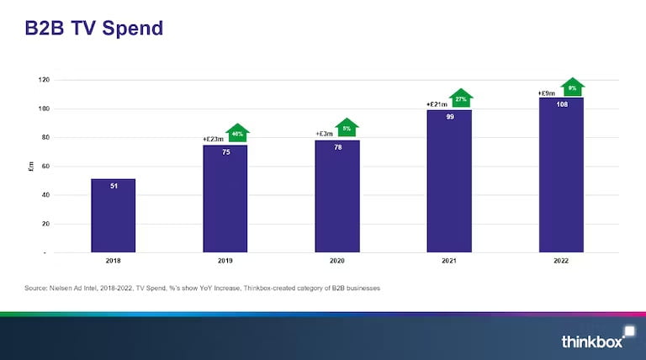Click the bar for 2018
113,215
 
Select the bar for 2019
225,199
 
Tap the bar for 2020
337,197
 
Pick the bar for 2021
449,182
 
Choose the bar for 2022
561,175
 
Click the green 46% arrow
238,133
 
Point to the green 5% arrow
347,128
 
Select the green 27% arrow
461,98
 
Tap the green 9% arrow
572,87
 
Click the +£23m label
214,140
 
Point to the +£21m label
437,105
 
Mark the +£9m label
548,93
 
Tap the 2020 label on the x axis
337,261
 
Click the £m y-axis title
31,167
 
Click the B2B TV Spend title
93,28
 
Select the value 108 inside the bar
561,104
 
